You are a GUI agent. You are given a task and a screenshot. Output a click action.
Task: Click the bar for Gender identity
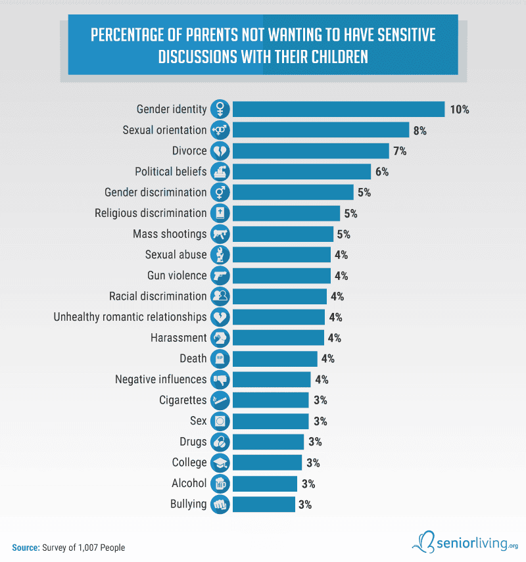[339, 109]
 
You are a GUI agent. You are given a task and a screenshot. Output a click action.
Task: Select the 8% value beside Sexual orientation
[419, 130]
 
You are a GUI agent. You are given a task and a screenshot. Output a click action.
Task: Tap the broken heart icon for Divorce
[220, 151]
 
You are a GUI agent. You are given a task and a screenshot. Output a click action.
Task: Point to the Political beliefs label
[171, 172]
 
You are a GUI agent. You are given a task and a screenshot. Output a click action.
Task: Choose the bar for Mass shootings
[283, 234]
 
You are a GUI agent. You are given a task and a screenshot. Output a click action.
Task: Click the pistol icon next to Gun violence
[220, 275]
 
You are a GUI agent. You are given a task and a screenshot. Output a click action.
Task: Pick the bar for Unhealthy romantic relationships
[279, 317]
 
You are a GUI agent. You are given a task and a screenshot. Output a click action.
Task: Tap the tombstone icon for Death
[220, 358]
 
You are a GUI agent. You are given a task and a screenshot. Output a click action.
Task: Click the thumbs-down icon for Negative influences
[220, 379]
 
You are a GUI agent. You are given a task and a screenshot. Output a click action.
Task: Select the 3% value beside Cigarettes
[320, 400]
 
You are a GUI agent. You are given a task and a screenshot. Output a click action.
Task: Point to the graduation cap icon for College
[220, 463]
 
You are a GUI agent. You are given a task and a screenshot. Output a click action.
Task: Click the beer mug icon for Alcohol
[220, 484]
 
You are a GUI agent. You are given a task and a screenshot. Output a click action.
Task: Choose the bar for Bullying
[264, 504]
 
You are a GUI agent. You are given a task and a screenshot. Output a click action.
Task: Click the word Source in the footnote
[26, 547]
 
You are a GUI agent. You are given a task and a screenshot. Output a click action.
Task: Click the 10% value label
[459, 110]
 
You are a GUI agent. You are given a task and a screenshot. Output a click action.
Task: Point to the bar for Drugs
[268, 442]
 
